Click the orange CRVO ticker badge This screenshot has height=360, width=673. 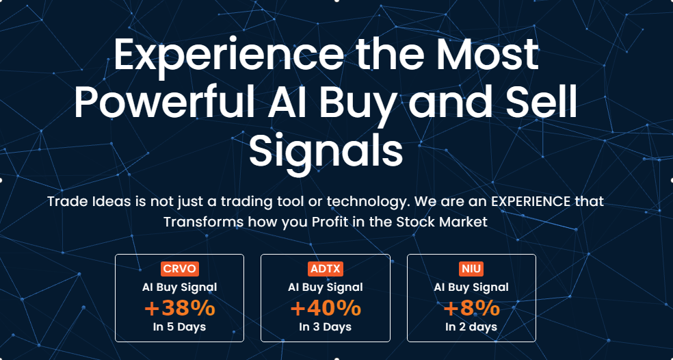pyautogui.click(x=180, y=269)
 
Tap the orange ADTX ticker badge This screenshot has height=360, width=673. pyautogui.click(x=326, y=269)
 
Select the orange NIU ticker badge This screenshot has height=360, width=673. pyautogui.click(x=471, y=269)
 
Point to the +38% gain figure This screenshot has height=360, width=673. pyautogui.click(x=179, y=308)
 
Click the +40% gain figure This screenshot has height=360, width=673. pyautogui.click(x=326, y=308)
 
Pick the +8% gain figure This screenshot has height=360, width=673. pyautogui.click(x=471, y=308)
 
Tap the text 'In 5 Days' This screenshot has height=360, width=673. pyautogui.click(x=179, y=327)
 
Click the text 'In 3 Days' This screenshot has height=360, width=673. pyautogui.click(x=326, y=327)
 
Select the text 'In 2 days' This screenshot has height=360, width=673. pyautogui.click(x=471, y=327)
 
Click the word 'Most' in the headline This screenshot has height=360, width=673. pyautogui.click(x=488, y=54)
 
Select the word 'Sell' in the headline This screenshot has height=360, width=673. pyautogui.click(x=542, y=103)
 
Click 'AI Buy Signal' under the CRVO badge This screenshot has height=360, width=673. pyautogui.click(x=179, y=287)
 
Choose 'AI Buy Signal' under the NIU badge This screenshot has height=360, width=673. pyautogui.click(x=471, y=287)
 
